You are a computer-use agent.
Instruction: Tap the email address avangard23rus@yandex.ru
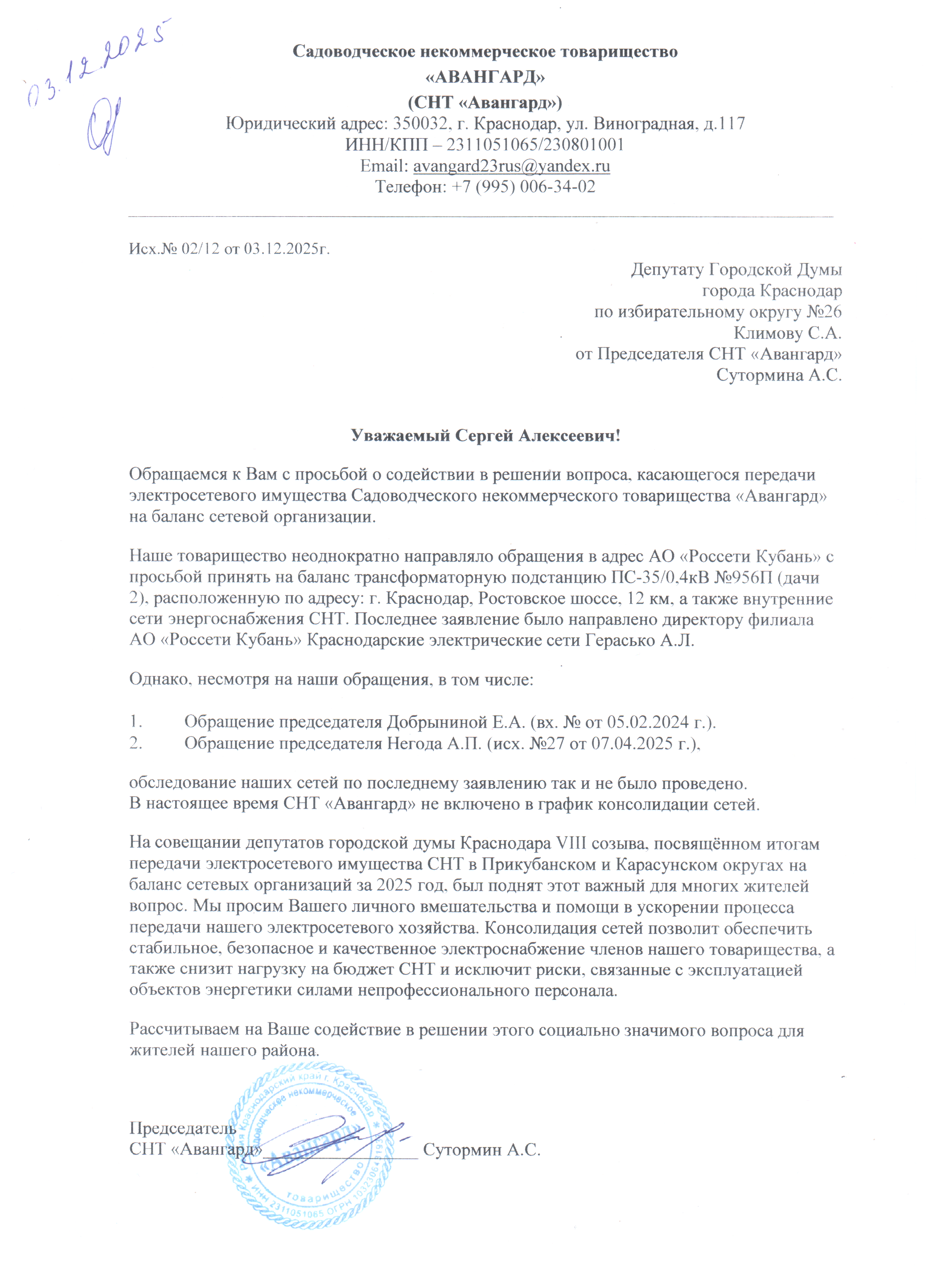pos(511,166)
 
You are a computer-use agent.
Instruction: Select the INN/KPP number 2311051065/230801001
pos(535,145)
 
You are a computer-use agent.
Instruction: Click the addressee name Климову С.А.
pos(787,332)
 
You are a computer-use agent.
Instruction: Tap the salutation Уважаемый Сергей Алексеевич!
pos(485,436)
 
